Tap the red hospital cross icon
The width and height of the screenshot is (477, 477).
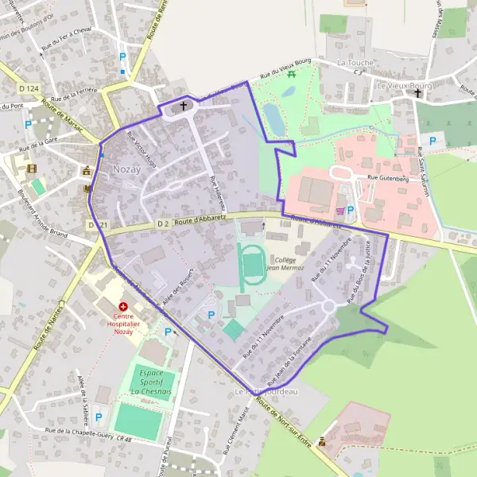pos(123,306)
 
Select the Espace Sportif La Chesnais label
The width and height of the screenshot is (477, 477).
pos(146,382)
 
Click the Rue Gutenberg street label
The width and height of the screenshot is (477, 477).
pos(387,179)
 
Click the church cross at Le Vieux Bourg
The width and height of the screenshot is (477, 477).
pos(417,93)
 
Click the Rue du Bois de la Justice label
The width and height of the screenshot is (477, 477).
pos(362,272)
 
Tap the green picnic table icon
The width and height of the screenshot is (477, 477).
pos(292,74)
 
